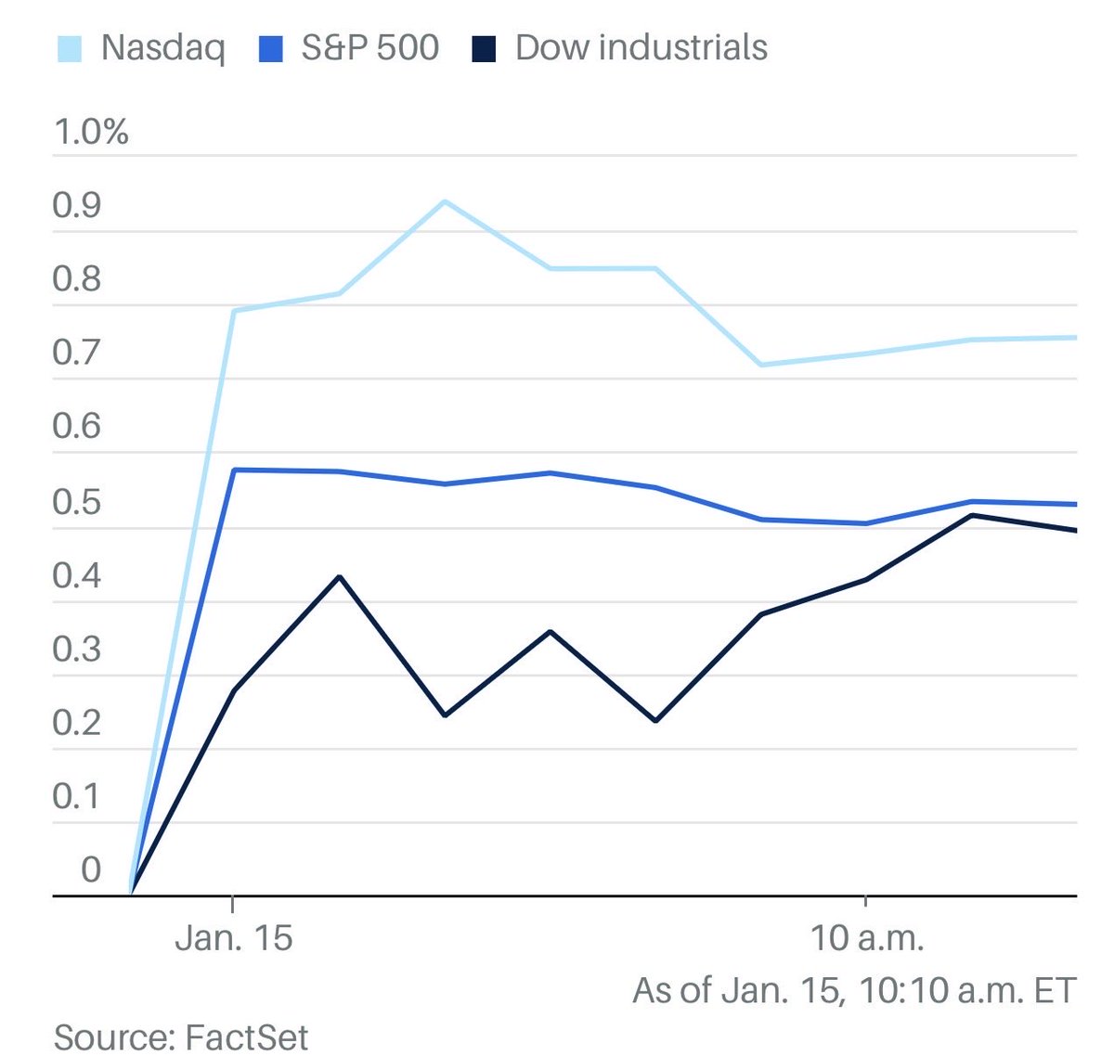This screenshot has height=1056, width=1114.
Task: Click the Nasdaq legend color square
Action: pyautogui.click(x=70, y=48)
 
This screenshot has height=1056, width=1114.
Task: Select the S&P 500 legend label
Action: pyautogui.click(x=369, y=48)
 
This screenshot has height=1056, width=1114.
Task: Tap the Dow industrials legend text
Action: pyautogui.click(x=641, y=48)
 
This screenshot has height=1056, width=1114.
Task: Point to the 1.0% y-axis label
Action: pyautogui.click(x=91, y=132)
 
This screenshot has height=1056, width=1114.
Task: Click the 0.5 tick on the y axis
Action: pyautogui.click(x=77, y=501)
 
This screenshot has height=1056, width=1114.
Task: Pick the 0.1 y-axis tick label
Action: pyautogui.click(x=77, y=796)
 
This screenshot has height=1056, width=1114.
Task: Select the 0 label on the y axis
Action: pyautogui.click(x=91, y=869)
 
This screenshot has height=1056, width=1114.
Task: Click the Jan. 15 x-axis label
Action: pyautogui.click(x=233, y=938)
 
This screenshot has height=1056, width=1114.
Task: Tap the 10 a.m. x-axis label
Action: pyautogui.click(x=867, y=938)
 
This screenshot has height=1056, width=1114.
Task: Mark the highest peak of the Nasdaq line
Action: pyautogui.click(x=445, y=201)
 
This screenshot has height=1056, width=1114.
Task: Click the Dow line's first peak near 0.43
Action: pyautogui.click(x=340, y=577)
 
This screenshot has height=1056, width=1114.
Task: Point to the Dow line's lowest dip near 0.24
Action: pyautogui.click(x=655, y=720)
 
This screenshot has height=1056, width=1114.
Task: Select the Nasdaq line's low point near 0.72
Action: pyautogui.click(x=761, y=365)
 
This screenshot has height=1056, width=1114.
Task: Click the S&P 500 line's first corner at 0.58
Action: pyautogui.click(x=233, y=470)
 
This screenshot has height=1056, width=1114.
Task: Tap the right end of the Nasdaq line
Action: pyautogui.click(x=1074, y=338)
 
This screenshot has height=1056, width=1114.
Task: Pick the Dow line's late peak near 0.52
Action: pyautogui.click(x=971, y=515)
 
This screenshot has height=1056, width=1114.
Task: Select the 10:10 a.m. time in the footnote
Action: pyautogui.click(x=941, y=990)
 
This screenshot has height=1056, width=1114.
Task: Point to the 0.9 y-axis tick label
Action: pyautogui.click(x=77, y=206)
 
